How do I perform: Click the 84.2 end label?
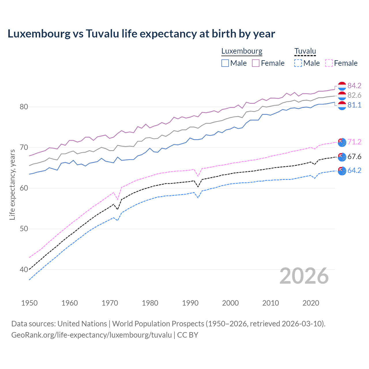coord(354,86)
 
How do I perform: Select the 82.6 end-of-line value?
coord(354,95)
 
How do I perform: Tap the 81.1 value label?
coord(354,105)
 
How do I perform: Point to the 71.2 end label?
coord(354,142)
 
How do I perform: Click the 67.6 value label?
coord(354,157)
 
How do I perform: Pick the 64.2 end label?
coord(354,171)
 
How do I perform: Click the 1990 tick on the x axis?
coord(190,303)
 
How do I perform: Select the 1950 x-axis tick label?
coord(29,303)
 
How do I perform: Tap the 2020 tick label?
coord(311,303)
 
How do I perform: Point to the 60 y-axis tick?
coord(24,188)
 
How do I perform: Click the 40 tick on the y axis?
coord(24,270)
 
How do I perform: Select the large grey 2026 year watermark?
coord(304,276)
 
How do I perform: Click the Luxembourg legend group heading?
coord(242,51)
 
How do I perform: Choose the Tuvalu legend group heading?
coord(305,51)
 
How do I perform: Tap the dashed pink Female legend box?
coord(329,63)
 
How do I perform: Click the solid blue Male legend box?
coord(225,63)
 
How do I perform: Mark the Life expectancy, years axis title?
coord(12,184)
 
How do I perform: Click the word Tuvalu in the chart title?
coord(102,34)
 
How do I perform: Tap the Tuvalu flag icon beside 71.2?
coord(342,142)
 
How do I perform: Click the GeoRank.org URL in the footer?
coord(91,335)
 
